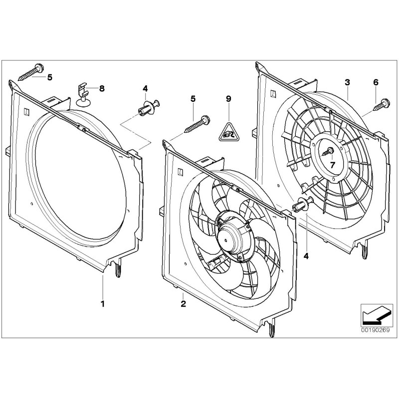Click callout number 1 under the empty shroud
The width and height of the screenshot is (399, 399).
click(103, 303)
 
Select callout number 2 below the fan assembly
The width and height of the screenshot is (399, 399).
click(183, 303)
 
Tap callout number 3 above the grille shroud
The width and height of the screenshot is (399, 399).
click(347, 81)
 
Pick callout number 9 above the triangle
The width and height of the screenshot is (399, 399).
click(228, 99)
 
